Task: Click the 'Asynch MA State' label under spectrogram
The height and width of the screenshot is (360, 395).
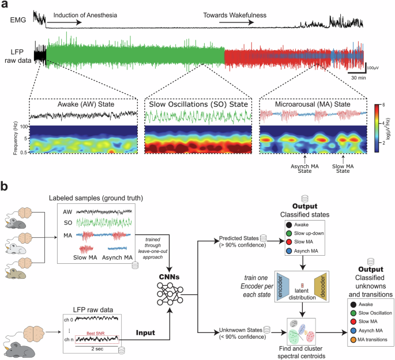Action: pyautogui.click(x=304, y=169)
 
